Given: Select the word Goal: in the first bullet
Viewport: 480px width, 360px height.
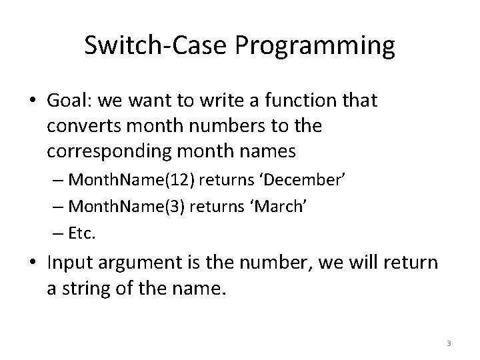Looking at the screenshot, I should (x=71, y=101).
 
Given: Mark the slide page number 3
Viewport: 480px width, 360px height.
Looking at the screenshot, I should (x=449, y=343).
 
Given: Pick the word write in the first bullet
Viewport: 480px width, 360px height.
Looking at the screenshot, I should (x=210, y=101).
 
